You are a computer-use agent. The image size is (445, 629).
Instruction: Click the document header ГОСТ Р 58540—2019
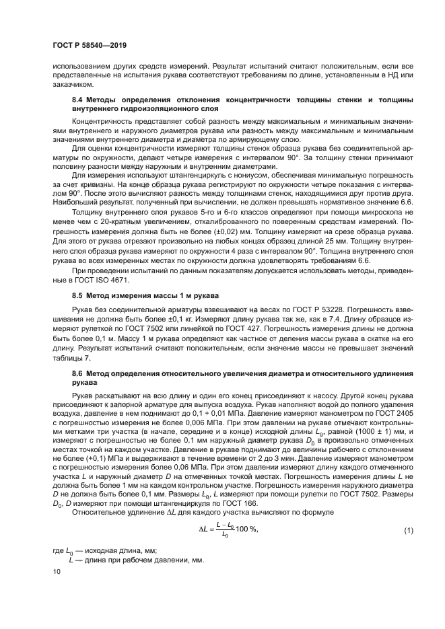90,45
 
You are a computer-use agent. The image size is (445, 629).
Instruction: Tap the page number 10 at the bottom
57,571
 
